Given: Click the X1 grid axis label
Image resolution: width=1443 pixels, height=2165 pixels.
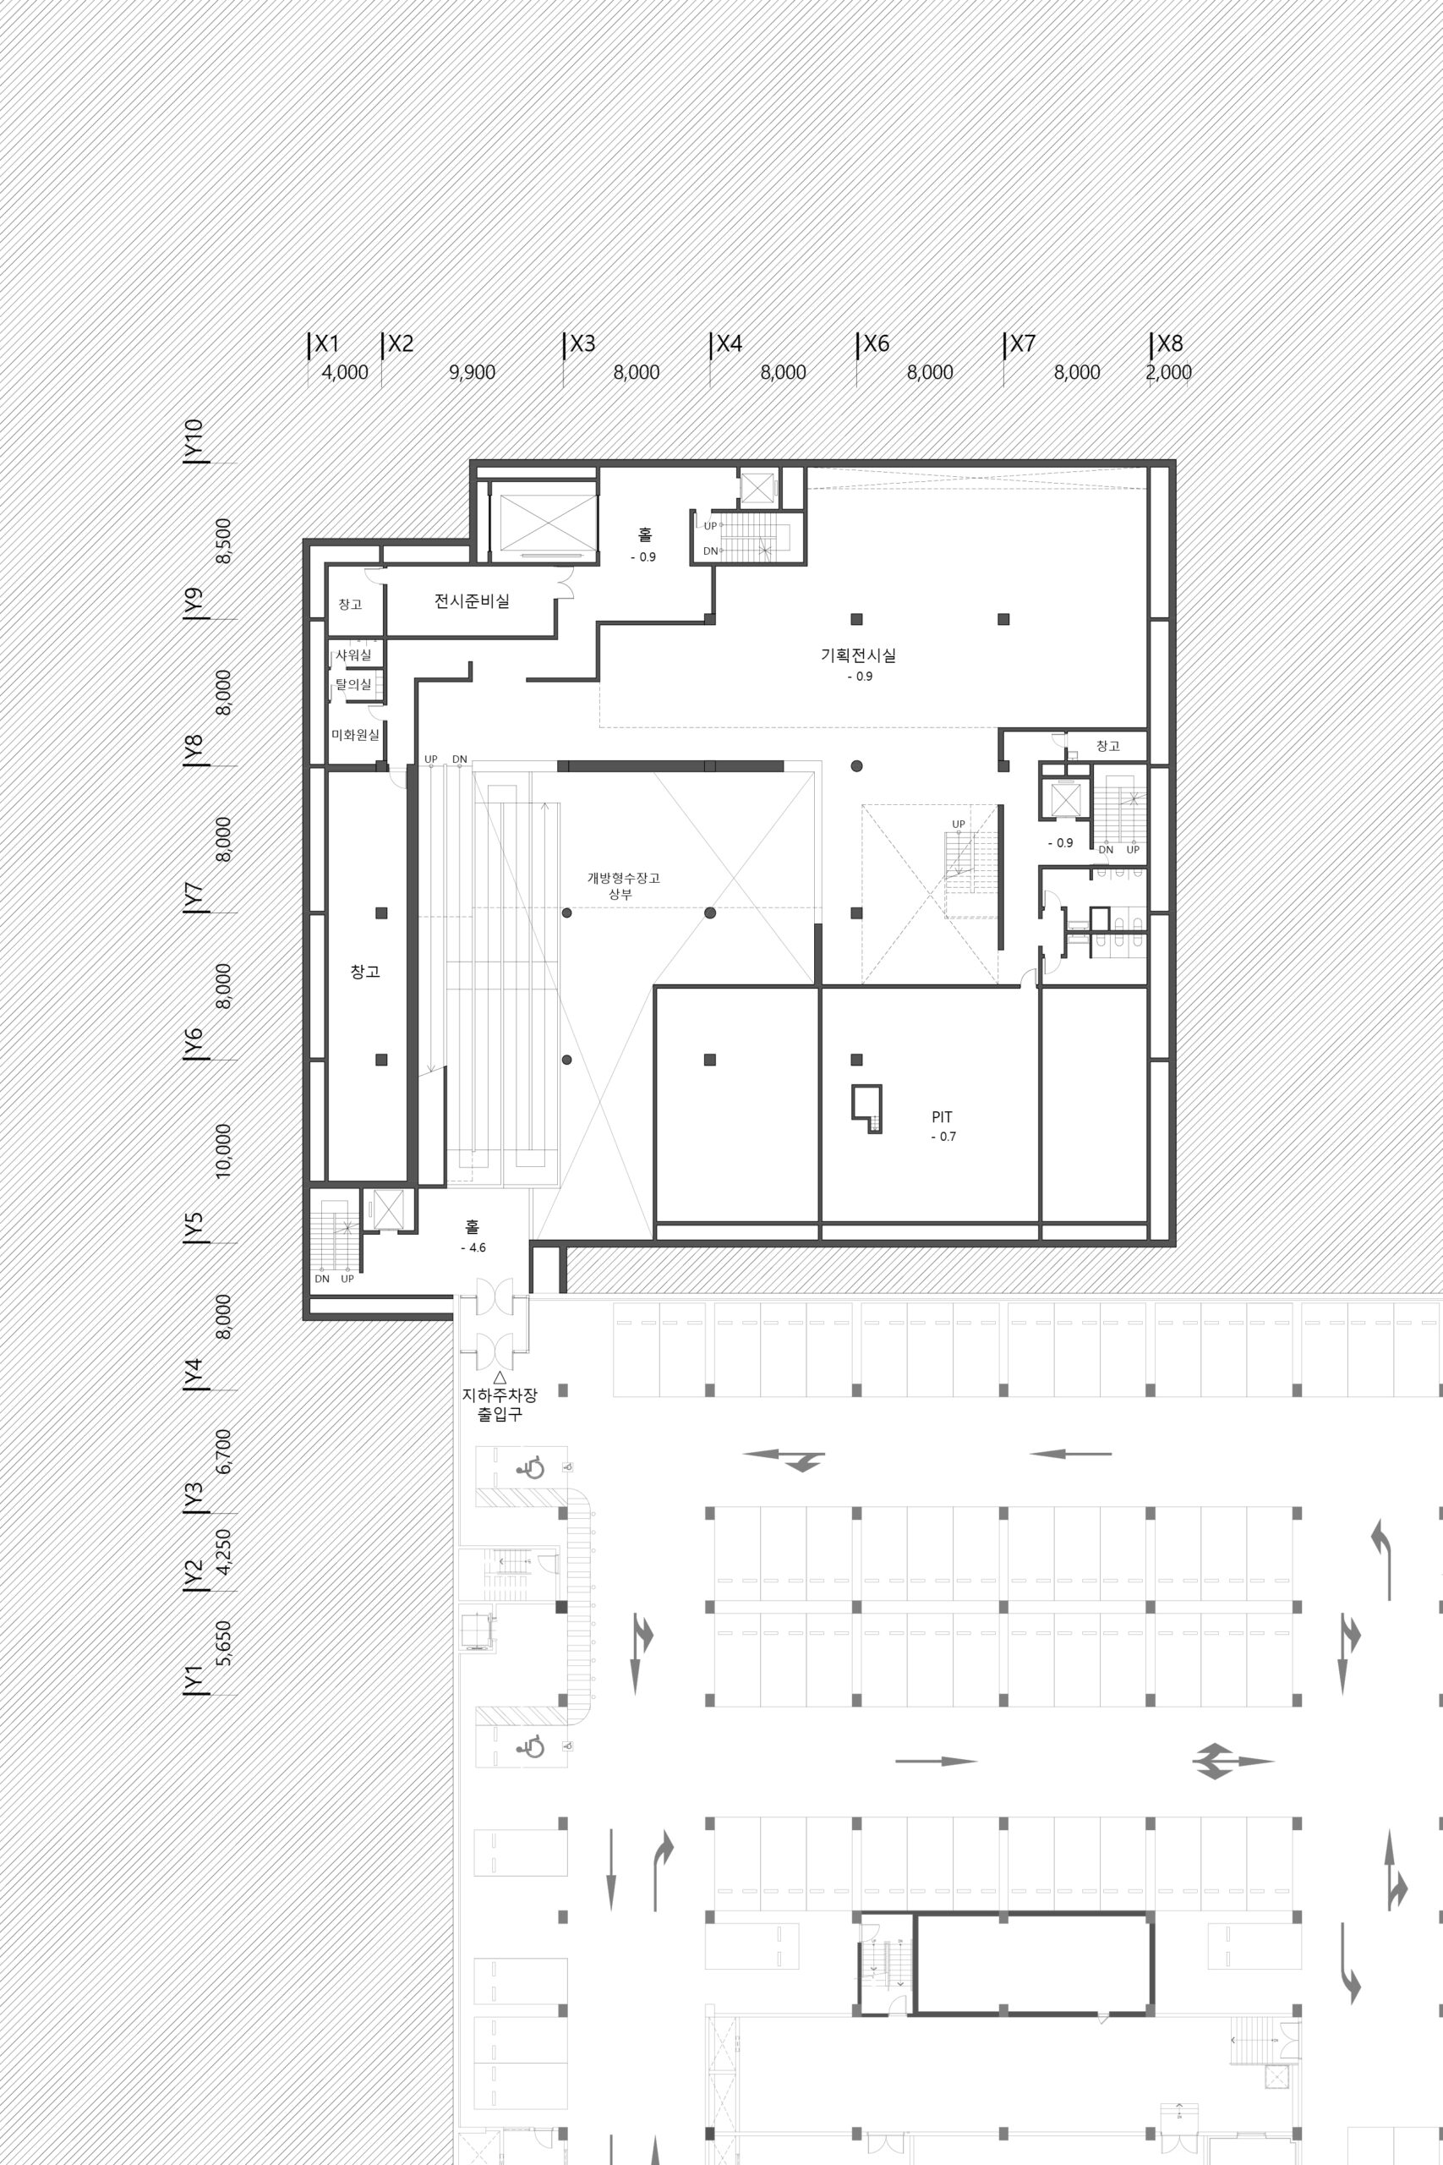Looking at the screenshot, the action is [x=326, y=344].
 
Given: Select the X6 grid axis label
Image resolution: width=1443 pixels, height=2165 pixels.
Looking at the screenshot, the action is [x=876, y=344].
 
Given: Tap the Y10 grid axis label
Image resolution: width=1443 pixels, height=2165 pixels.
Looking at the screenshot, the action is [x=194, y=440].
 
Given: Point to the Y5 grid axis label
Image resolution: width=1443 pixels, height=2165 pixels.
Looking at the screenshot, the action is [x=194, y=1227].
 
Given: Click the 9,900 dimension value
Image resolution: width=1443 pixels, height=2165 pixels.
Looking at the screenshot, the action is [x=472, y=373].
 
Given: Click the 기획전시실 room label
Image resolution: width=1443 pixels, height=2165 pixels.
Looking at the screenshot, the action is [x=858, y=655].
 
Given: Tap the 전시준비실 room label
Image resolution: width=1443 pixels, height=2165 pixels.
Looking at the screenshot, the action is [x=472, y=601].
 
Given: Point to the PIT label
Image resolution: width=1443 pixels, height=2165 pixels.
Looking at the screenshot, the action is [x=942, y=1117].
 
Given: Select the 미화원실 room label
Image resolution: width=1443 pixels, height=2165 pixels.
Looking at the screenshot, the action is [x=355, y=735].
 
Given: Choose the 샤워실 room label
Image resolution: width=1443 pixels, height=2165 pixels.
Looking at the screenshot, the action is [x=353, y=655].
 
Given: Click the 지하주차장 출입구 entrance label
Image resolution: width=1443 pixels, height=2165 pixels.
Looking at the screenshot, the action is [x=500, y=1405].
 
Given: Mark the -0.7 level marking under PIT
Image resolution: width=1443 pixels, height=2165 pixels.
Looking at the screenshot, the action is [x=943, y=1137].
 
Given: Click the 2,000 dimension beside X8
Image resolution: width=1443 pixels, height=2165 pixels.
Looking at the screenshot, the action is [x=1169, y=373].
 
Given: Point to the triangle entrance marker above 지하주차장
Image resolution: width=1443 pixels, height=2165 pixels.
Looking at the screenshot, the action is [x=500, y=1377].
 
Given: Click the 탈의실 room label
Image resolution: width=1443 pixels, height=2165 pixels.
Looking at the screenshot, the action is [x=353, y=685].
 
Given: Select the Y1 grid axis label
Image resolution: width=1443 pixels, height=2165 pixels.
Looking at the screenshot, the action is [x=194, y=1678].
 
